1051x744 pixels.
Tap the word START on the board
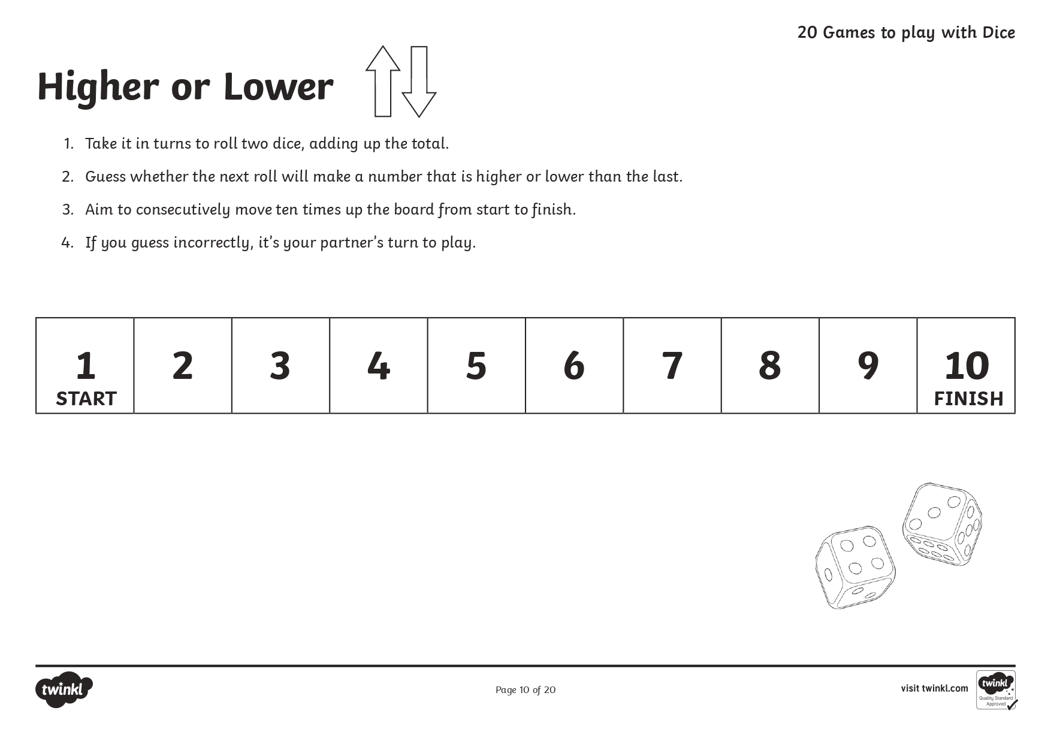pyautogui.click(x=86, y=399)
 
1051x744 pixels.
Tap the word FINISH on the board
pyautogui.click(x=968, y=399)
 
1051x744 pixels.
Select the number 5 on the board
pyautogui.click(x=476, y=366)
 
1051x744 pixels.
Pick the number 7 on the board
pyautogui.click(x=672, y=366)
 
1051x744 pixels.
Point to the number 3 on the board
pyautogui.click(x=280, y=366)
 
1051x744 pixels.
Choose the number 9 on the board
pyautogui.click(x=868, y=366)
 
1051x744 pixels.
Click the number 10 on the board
pyautogui.click(x=967, y=366)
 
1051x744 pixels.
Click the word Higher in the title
pyautogui.click(x=98, y=87)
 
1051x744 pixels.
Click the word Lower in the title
pyautogui.click(x=277, y=87)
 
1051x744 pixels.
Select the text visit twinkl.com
pyautogui.click(x=934, y=688)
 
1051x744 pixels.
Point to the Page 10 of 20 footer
pyautogui.click(x=525, y=690)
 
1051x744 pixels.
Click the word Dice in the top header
pyautogui.click(x=998, y=32)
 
